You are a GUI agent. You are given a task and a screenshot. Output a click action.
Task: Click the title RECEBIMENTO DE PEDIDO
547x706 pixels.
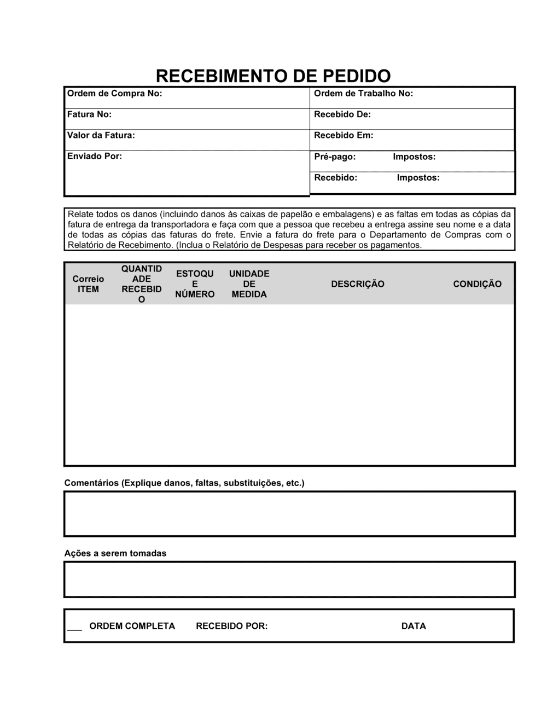(x=273, y=76)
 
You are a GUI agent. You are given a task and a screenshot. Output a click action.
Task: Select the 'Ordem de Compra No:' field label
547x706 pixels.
(x=114, y=94)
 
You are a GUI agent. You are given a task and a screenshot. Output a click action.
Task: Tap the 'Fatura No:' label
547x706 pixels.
(x=89, y=114)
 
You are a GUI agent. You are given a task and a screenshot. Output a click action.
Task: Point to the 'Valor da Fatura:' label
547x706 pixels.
(x=101, y=135)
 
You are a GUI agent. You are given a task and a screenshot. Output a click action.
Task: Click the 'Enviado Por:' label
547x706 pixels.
(x=94, y=157)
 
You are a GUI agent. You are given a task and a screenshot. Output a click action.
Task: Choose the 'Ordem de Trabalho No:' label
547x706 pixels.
(x=363, y=94)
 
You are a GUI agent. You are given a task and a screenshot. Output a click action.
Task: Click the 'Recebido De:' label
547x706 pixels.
(x=342, y=114)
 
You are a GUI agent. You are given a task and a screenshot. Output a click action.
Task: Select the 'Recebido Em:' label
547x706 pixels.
(x=344, y=135)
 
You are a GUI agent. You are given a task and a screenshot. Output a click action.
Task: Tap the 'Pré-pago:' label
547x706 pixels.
(x=335, y=157)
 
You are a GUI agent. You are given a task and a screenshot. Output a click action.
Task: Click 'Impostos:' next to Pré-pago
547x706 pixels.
(x=414, y=157)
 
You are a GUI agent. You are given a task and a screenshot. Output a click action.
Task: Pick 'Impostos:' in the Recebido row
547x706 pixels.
(x=418, y=178)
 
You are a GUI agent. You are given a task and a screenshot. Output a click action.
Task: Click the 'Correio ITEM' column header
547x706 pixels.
(x=88, y=284)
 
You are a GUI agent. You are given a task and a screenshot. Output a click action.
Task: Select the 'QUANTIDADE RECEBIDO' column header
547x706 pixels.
(x=142, y=284)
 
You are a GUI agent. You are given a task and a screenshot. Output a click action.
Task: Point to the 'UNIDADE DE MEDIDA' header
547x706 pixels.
(x=249, y=284)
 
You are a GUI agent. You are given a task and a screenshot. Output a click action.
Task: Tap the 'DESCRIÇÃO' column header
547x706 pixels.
(x=358, y=284)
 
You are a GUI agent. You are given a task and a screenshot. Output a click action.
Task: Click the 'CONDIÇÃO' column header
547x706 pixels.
(x=477, y=284)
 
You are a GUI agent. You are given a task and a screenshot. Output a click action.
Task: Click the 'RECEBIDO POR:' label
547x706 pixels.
(x=232, y=626)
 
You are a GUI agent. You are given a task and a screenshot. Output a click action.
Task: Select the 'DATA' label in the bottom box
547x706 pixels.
(x=414, y=626)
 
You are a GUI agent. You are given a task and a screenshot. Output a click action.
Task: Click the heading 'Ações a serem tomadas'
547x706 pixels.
(x=115, y=553)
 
